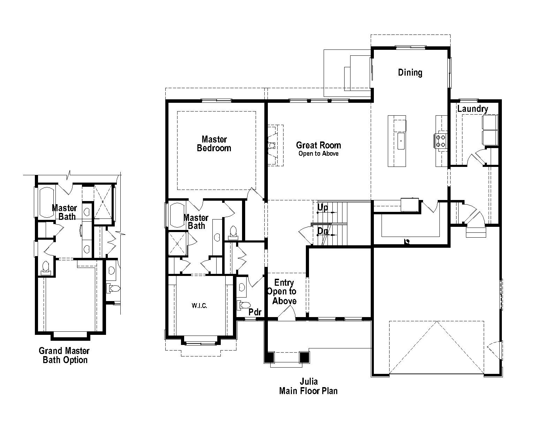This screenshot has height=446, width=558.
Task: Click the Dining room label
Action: click(x=410, y=72)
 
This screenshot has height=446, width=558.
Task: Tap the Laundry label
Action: click(x=473, y=109)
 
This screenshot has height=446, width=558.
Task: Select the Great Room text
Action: click(x=318, y=145)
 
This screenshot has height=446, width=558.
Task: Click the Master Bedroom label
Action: click(x=214, y=144)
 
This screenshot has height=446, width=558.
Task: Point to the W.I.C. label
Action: click(x=199, y=306)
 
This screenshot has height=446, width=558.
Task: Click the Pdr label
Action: click(x=255, y=312)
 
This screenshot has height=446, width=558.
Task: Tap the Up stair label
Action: click(x=323, y=208)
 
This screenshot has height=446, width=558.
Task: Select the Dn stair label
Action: click(x=323, y=231)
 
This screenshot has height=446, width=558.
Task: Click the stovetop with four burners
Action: click(x=440, y=141)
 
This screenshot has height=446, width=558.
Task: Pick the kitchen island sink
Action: click(x=401, y=141)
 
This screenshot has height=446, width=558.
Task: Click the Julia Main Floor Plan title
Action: click(x=308, y=386)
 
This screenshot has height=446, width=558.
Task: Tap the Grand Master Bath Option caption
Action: click(x=64, y=355)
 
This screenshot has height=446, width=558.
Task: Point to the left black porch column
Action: click(x=269, y=357)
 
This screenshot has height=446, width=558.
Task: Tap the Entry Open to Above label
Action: click(x=283, y=292)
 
